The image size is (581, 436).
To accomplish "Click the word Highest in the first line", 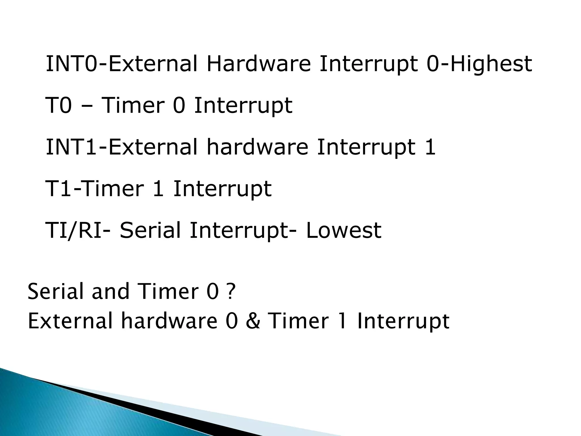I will (491, 64).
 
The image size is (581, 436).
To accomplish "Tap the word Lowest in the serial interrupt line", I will (344, 230).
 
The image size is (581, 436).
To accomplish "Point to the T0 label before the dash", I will (58, 106).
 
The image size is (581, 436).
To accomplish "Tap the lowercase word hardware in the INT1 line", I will (257, 147).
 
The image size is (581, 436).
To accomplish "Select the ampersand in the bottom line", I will (253, 322).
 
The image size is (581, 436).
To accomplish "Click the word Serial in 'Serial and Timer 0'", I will (56, 292).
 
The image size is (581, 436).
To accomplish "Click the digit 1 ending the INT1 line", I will (430, 147).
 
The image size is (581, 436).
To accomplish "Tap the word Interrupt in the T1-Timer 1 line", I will (222, 189).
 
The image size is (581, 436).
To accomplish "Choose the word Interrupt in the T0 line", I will (243, 106).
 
